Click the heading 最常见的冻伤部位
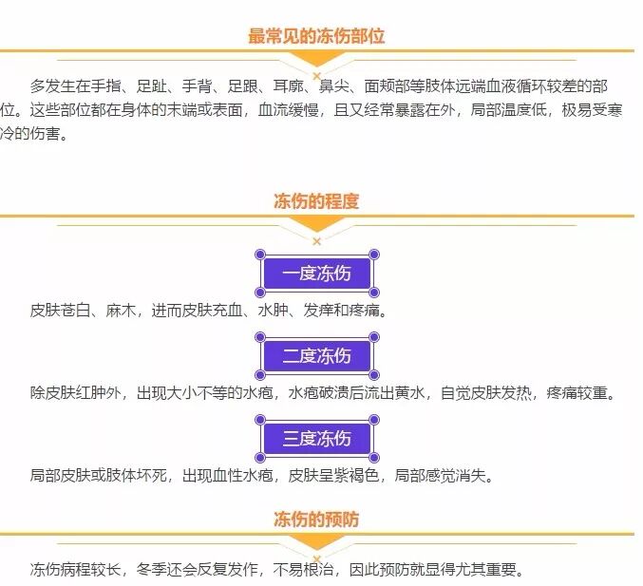pos(316,36)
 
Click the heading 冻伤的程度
pos(316,201)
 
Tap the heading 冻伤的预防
pos(316,520)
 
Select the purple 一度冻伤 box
pos(317,274)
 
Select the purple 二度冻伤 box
pos(317,356)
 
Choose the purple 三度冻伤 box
pos(317,439)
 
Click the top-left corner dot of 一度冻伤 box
pos(260,255)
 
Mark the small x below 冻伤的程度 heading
pos(316,241)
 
